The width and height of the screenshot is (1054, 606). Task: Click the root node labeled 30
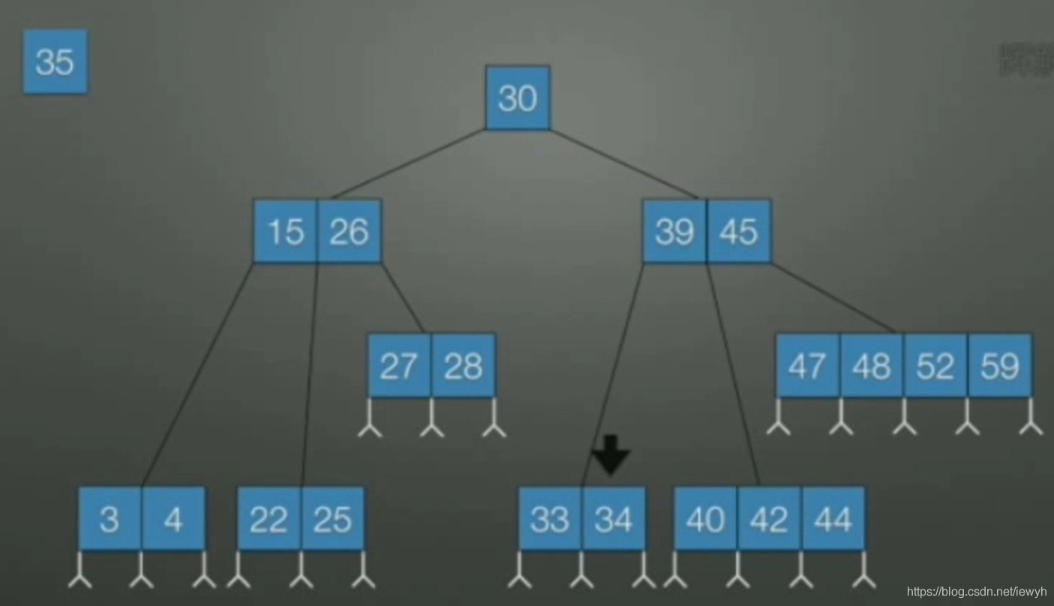pyautogui.click(x=518, y=98)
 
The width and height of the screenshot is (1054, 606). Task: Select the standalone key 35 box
pyautogui.click(x=55, y=62)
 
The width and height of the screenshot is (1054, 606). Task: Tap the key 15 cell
pyautogui.click(x=285, y=231)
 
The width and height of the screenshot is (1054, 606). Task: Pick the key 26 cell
pyautogui.click(x=350, y=231)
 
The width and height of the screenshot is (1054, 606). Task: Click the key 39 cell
pyautogui.click(x=674, y=231)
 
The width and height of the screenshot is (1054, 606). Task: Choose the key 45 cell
pyautogui.click(x=739, y=231)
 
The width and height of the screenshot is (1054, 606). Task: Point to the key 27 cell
pyautogui.click(x=399, y=366)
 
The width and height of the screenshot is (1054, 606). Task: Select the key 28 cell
pyautogui.click(x=463, y=366)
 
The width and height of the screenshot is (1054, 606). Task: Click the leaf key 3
pyautogui.click(x=110, y=519)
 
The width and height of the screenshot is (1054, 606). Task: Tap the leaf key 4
pyautogui.click(x=173, y=519)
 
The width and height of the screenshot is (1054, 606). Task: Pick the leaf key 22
pyautogui.click(x=269, y=519)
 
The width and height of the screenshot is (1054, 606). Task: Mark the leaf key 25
pyautogui.click(x=333, y=519)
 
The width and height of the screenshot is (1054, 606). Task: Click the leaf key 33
pyautogui.click(x=550, y=519)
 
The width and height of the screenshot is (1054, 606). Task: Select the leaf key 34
pyautogui.click(x=614, y=519)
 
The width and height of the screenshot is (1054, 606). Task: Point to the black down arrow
pyautogui.click(x=611, y=454)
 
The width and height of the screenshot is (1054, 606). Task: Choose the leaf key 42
pyautogui.click(x=770, y=519)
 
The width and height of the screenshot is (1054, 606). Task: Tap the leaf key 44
pyautogui.click(x=833, y=519)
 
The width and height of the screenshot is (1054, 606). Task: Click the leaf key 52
pyautogui.click(x=935, y=366)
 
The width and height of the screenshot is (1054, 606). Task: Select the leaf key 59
pyautogui.click(x=1000, y=366)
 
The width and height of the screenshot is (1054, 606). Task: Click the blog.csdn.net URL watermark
pyautogui.click(x=976, y=592)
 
